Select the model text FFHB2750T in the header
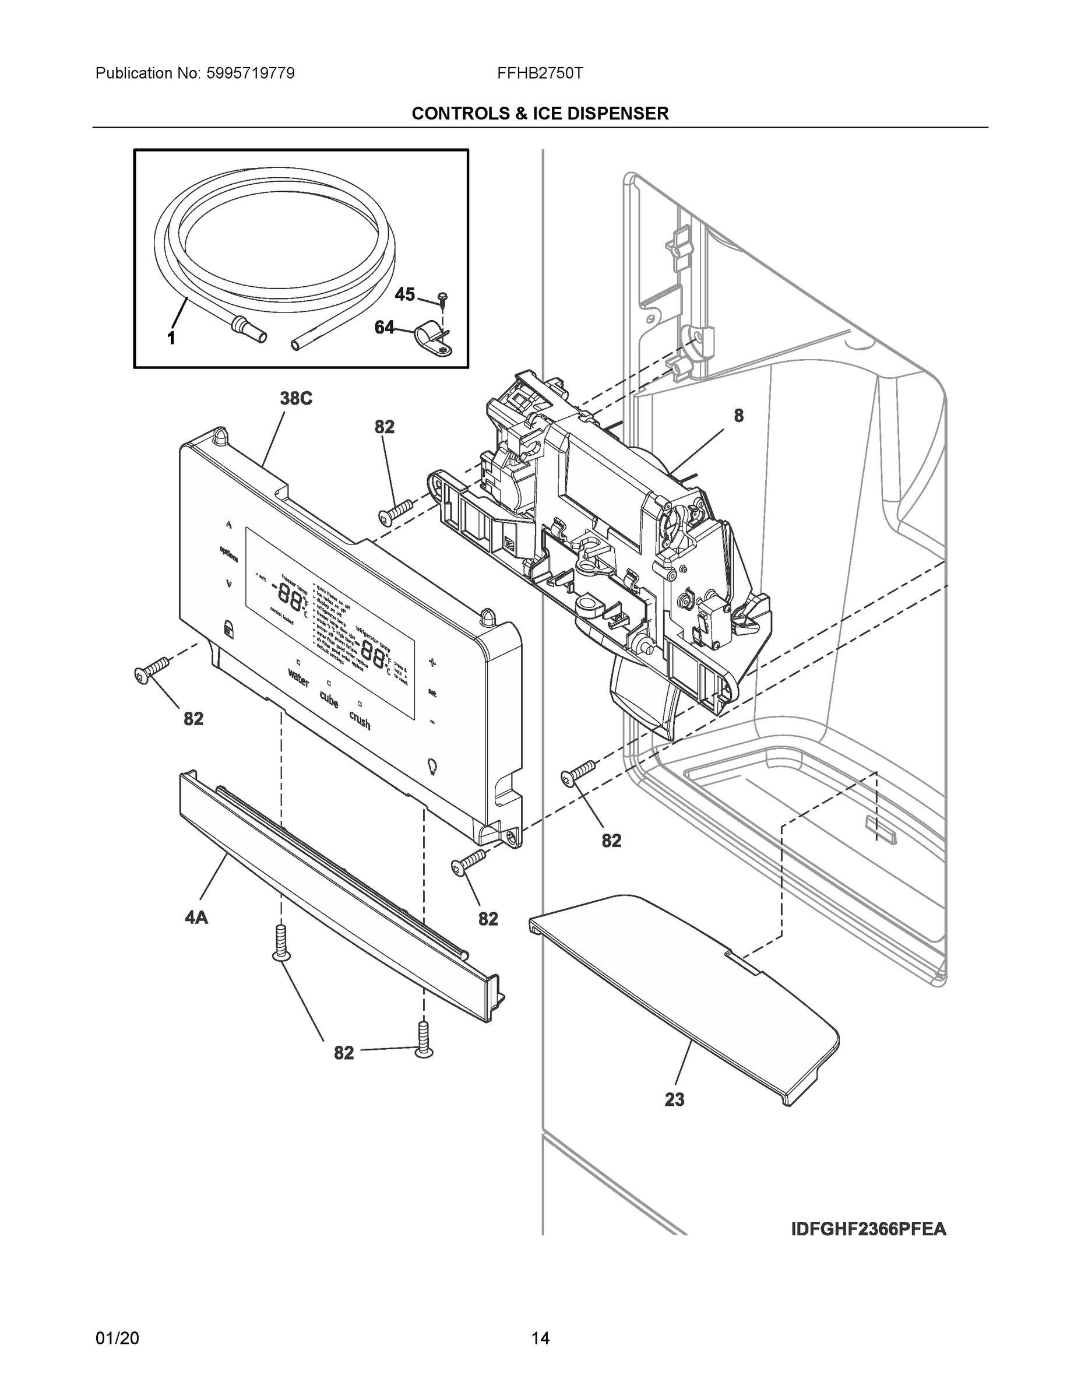coord(540,73)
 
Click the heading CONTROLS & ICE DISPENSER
coord(540,114)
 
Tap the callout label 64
coord(384,328)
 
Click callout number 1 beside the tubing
coord(171,339)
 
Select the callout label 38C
coord(296,399)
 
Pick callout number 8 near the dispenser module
coord(738,416)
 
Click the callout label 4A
coord(196,918)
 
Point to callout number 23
coord(674,1100)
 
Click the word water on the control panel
coord(298,678)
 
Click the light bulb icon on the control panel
coord(432,765)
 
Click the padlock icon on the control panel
coord(228,628)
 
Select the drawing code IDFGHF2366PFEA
coord(868,1229)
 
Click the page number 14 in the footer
coord(540,1338)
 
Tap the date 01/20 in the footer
coord(117,1338)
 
